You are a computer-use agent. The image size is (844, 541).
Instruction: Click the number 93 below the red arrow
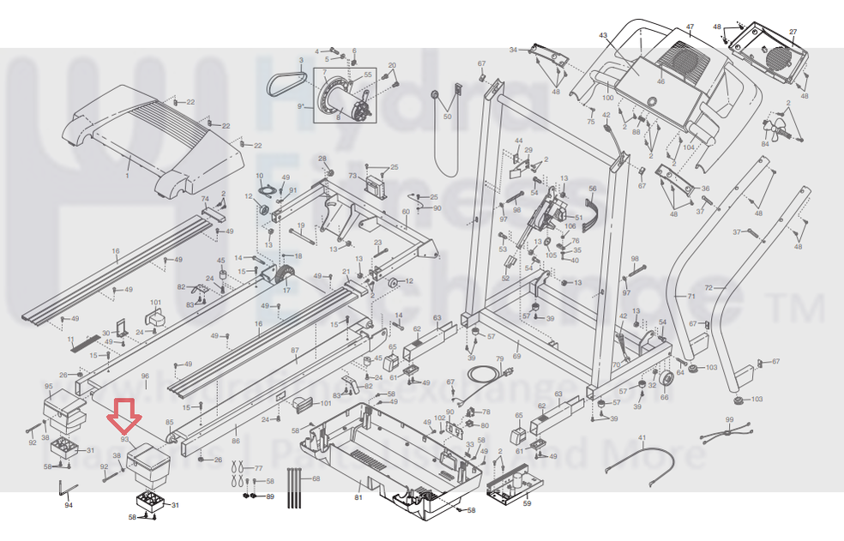[124, 439]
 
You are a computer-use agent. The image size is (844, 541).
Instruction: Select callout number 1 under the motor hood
[128, 175]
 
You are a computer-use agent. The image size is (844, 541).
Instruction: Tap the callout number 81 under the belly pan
[359, 498]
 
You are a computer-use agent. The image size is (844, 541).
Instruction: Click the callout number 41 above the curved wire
[641, 438]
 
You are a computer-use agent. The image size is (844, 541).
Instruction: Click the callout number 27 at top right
[793, 33]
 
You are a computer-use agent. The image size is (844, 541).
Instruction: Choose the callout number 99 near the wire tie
[729, 419]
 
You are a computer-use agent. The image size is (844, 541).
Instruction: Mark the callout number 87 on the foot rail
[294, 351]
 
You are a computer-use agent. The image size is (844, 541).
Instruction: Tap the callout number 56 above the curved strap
[591, 189]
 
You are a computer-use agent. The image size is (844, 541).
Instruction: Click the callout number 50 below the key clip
[447, 116]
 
